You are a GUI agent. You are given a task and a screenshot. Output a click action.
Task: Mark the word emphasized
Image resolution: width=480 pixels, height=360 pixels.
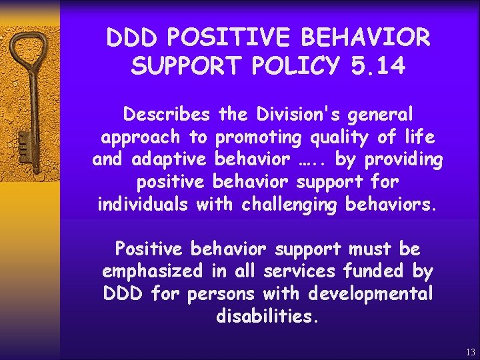pyautogui.click(x=153, y=271)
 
